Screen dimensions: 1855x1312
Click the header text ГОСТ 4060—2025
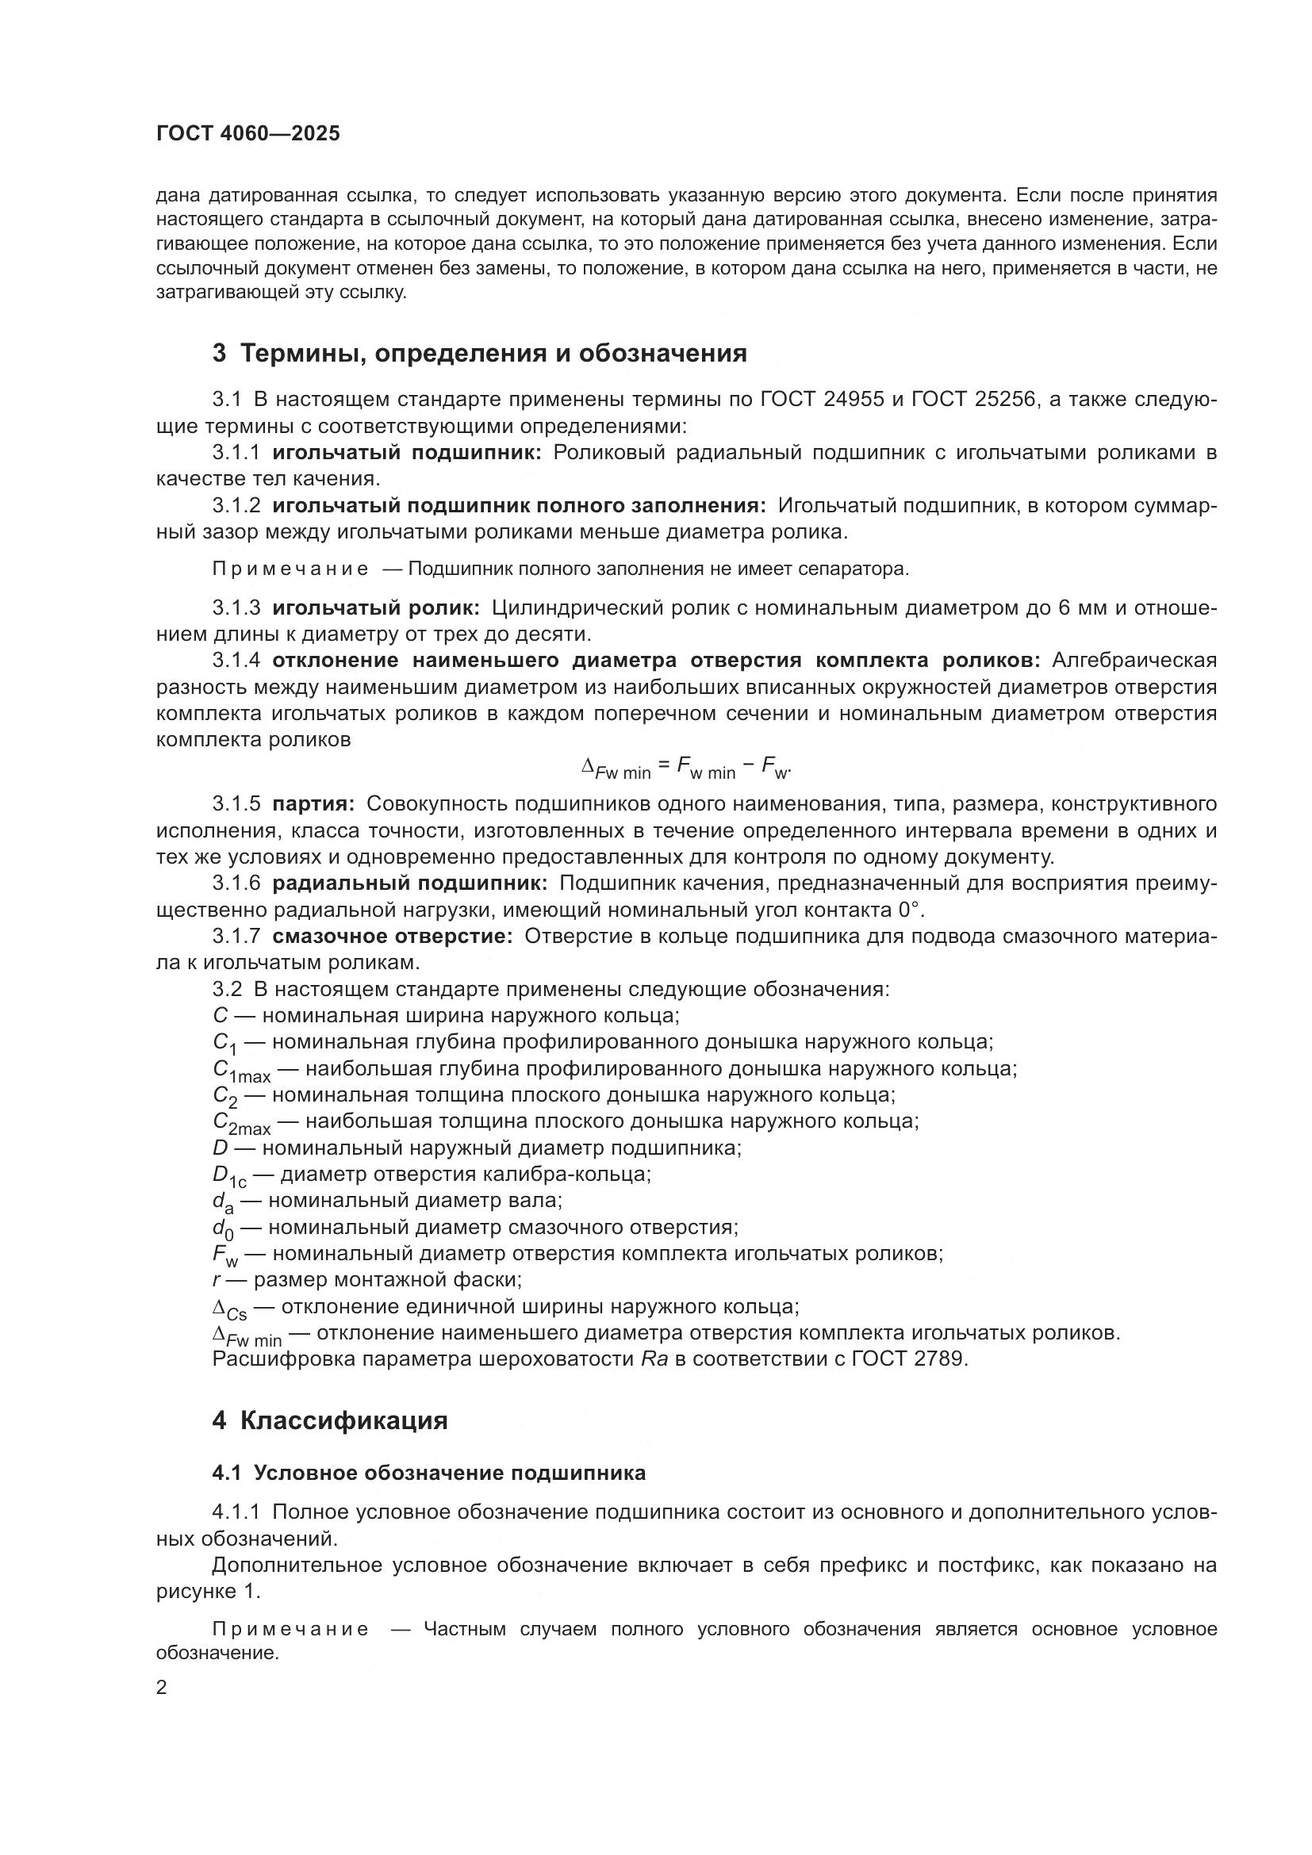point(248,134)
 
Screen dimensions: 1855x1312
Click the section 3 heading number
point(219,353)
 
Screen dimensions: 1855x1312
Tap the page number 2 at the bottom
point(162,1687)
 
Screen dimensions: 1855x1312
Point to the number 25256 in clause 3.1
point(1005,399)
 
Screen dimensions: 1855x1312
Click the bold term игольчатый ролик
point(376,607)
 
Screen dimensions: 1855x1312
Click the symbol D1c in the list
point(228,1175)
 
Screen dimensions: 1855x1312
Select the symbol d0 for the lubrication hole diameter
point(222,1228)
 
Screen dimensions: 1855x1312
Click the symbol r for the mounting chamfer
point(217,1280)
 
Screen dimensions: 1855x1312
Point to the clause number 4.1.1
point(236,1511)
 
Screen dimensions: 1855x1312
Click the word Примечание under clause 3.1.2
point(290,569)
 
